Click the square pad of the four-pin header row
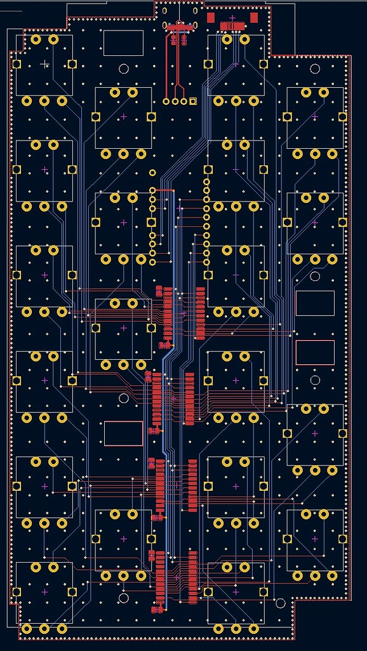point(193,101)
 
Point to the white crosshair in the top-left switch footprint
point(44,64)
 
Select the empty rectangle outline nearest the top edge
point(123,43)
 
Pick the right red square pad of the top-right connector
point(254,17)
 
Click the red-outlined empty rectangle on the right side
point(315,352)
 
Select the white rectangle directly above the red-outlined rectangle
point(315,303)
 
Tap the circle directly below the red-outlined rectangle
point(315,380)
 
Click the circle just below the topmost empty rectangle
point(124,69)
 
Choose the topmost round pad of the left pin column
point(152,172)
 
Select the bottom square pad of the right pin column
point(207,275)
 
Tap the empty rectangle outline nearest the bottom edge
point(123,433)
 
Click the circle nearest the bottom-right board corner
point(280,602)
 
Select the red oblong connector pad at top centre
point(179,25)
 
